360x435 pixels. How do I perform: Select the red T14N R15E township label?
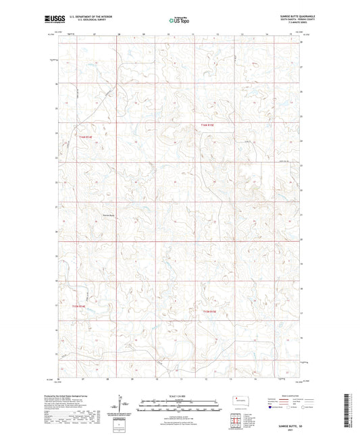point(207,126)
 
